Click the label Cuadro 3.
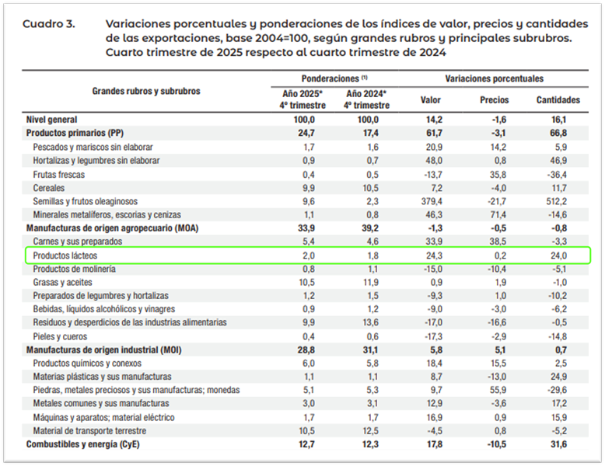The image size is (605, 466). tap(48, 24)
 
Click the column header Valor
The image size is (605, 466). tap(430, 100)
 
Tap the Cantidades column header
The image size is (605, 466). tap(558, 100)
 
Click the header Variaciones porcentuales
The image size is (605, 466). tap(494, 79)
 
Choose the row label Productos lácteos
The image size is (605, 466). tap(65, 256)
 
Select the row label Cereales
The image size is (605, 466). tap(49, 188)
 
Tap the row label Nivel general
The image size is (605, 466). tap(52, 120)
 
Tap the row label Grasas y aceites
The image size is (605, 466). tap(64, 283)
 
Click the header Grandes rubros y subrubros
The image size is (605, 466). tap(146, 91)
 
